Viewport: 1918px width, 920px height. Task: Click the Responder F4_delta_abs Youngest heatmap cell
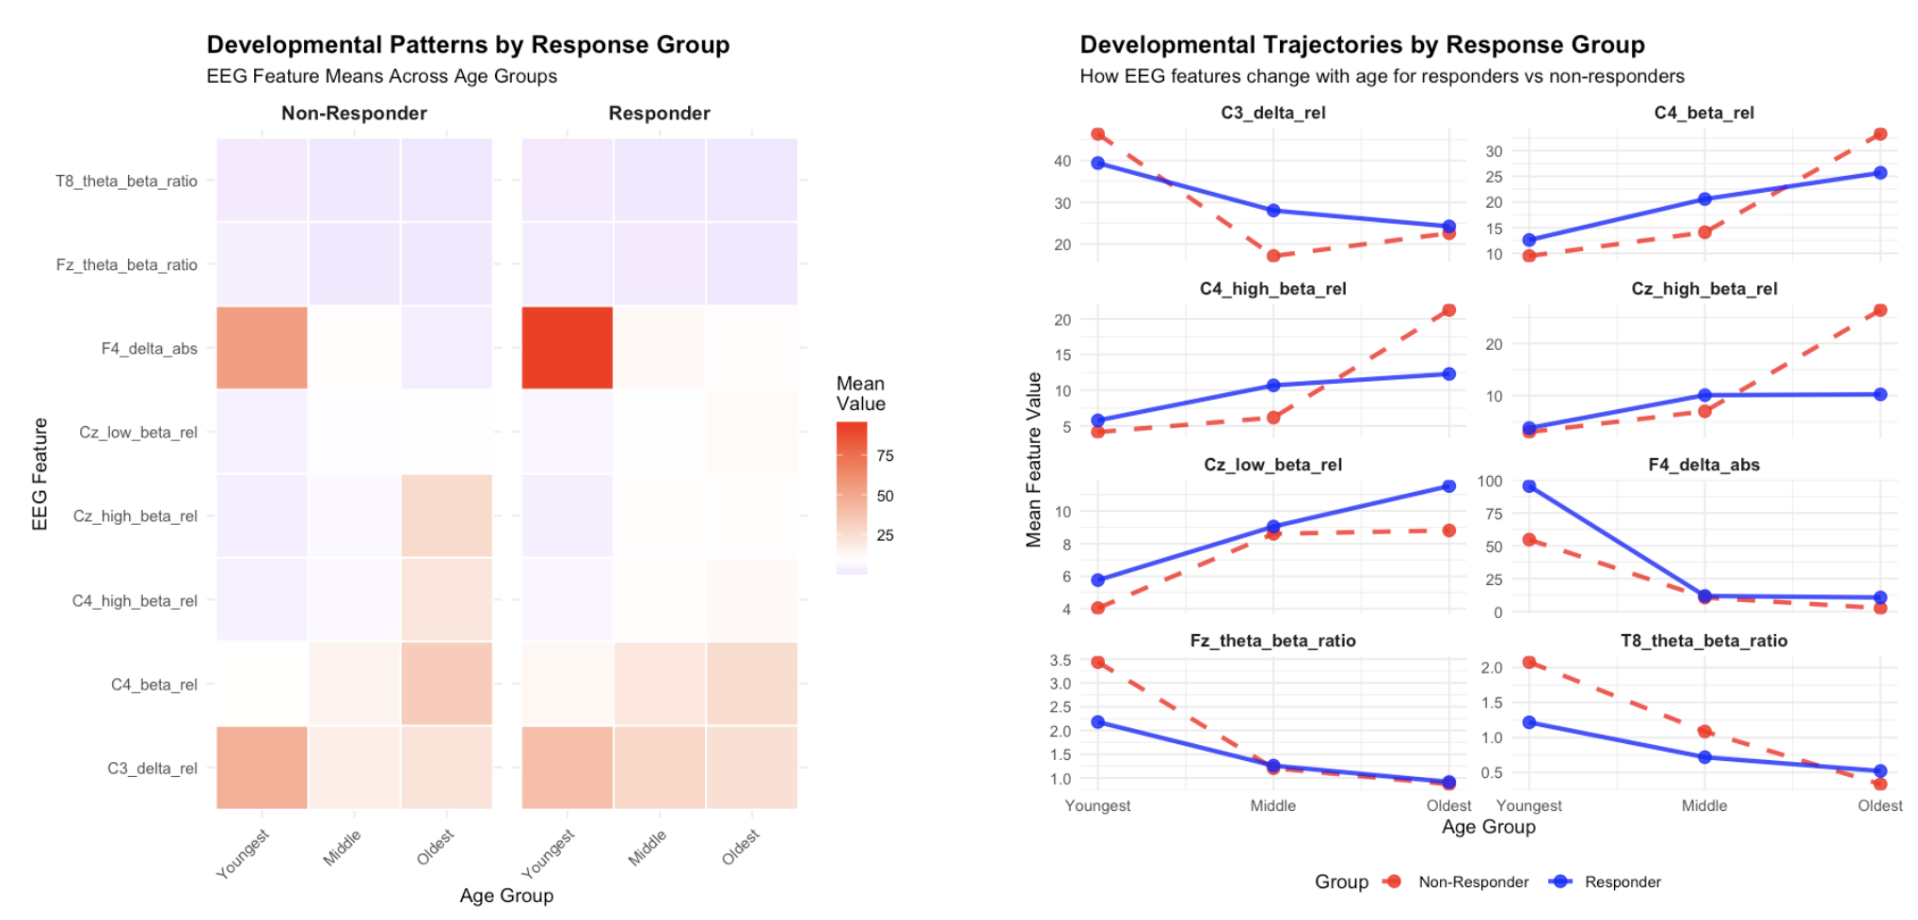pyautogui.click(x=567, y=347)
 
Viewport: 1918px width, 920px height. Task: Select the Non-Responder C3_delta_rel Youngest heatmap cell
pyautogui.click(x=262, y=767)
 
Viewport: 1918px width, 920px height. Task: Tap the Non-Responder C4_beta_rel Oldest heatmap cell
pyautogui.click(x=446, y=683)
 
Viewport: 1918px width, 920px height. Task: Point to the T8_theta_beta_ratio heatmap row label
pyautogui.click(x=126, y=181)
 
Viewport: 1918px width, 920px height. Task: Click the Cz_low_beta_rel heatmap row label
pyautogui.click(x=138, y=432)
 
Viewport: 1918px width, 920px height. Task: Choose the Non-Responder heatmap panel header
pyautogui.click(x=354, y=113)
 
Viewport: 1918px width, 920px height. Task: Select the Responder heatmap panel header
pyautogui.click(x=659, y=113)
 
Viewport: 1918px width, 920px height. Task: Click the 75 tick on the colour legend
pyautogui.click(x=885, y=455)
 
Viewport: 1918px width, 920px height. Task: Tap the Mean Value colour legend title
pyautogui.click(x=860, y=393)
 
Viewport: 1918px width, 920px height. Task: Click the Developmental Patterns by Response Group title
pyautogui.click(x=468, y=44)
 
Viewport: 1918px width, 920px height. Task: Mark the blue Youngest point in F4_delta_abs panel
pyautogui.click(x=1529, y=486)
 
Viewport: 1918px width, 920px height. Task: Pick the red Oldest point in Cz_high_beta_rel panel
pyautogui.click(x=1879, y=310)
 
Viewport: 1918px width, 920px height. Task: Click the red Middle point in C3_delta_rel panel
pyautogui.click(x=1273, y=256)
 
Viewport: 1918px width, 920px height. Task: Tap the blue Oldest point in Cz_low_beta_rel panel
pyautogui.click(x=1448, y=486)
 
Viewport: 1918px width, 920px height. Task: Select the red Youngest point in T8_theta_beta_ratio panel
pyautogui.click(x=1529, y=662)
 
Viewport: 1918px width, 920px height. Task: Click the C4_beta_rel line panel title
pyautogui.click(x=1703, y=113)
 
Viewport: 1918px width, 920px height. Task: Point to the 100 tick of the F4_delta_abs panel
pyautogui.click(x=1490, y=482)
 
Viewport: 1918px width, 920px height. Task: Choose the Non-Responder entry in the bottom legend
pyautogui.click(x=1473, y=881)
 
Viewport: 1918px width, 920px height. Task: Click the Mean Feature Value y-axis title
pyautogui.click(x=1033, y=459)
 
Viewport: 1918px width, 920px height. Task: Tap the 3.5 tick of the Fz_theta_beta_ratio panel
pyautogui.click(x=1060, y=660)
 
